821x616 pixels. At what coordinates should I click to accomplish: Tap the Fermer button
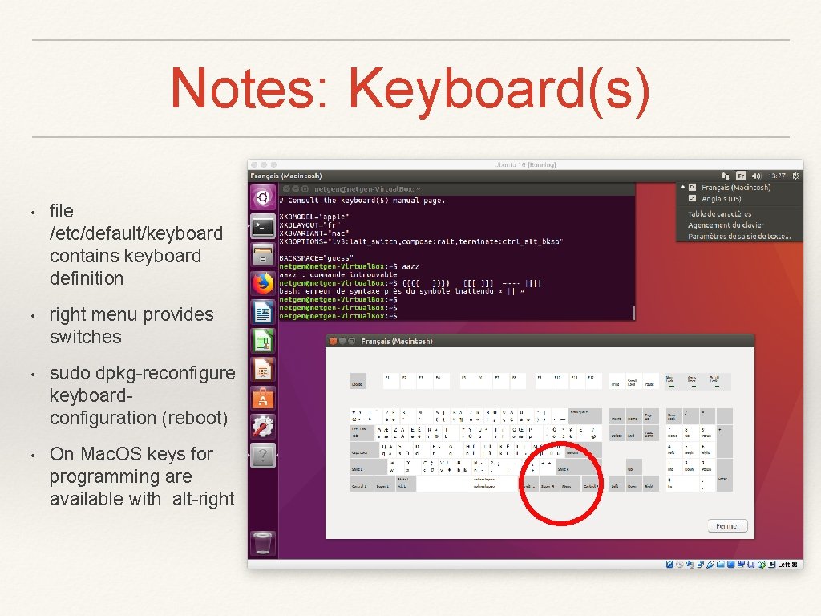[x=728, y=526]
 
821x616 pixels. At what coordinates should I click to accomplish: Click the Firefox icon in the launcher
[x=262, y=283]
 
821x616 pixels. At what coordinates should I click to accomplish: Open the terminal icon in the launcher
[x=262, y=226]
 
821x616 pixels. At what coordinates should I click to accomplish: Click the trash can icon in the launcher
[x=262, y=543]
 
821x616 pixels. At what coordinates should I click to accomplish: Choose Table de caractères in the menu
[x=719, y=214]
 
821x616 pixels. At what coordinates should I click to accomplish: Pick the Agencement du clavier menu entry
[x=726, y=225]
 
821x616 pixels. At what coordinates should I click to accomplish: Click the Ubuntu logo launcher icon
[x=262, y=197]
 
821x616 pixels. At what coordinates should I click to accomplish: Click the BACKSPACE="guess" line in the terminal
[x=313, y=257]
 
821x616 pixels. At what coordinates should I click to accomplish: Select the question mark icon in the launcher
[x=262, y=456]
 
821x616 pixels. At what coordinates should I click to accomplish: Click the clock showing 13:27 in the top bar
[x=776, y=175]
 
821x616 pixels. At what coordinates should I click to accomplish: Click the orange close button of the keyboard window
[x=332, y=342]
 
